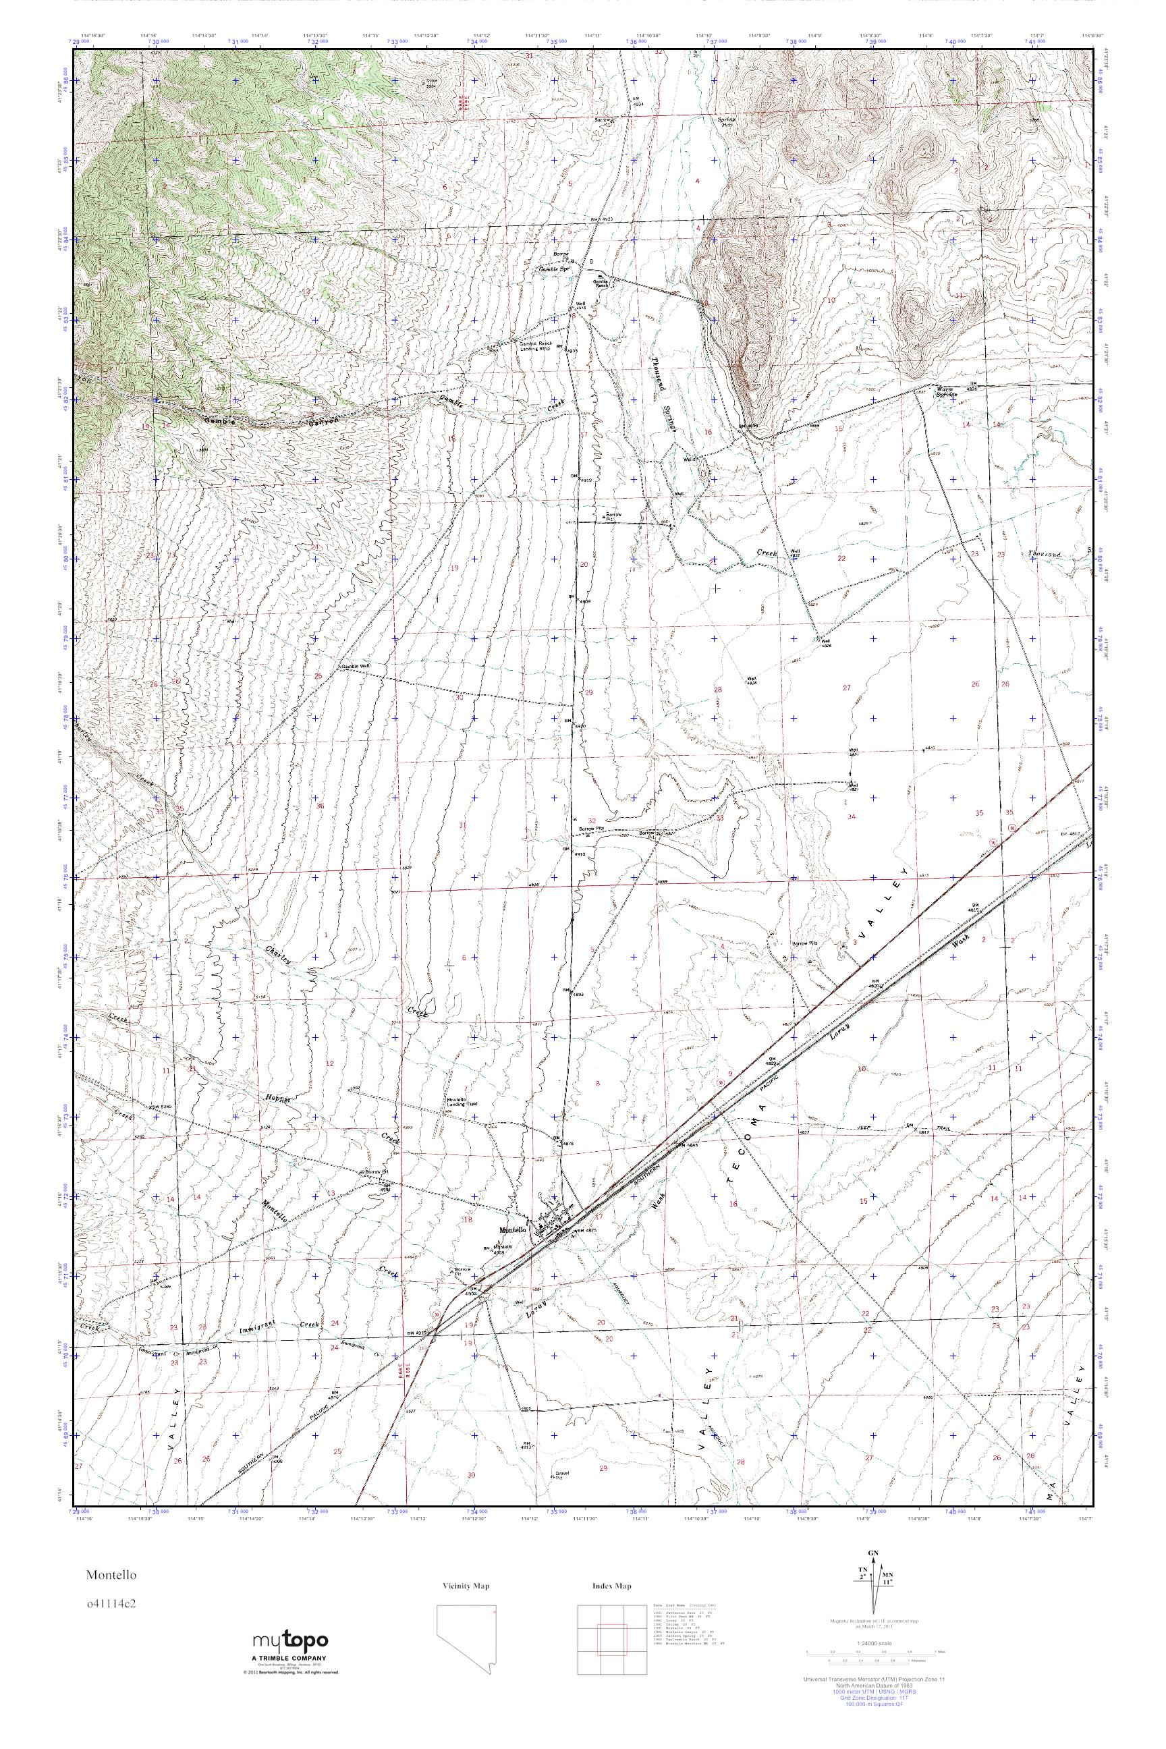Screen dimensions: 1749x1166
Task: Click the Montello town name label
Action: [513, 1229]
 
